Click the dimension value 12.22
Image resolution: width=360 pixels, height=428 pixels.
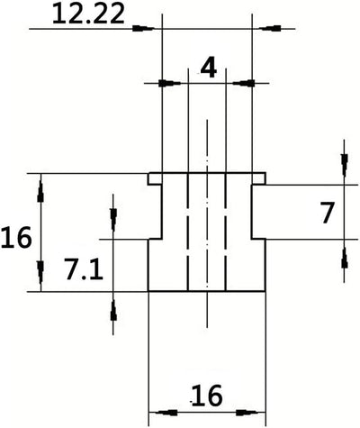point(88,14)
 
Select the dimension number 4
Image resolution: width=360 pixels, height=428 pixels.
point(209,68)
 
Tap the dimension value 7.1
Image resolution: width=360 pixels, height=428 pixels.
point(84,270)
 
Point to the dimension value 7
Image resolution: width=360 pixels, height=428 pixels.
point(327,213)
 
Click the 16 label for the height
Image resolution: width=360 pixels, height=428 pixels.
point(16,238)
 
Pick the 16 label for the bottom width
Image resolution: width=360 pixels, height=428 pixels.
point(207,396)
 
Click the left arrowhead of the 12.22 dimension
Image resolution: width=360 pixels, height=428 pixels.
point(143,29)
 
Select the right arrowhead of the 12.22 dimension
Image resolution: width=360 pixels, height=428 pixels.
point(270,29)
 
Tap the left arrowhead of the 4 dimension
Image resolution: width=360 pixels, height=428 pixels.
point(170,83)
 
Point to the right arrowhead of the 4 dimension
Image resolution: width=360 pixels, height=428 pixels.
point(244,83)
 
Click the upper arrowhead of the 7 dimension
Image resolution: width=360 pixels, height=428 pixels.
point(345,165)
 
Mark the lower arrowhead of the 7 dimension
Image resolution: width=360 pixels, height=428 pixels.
point(345,258)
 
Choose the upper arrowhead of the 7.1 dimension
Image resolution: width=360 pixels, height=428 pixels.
point(113,220)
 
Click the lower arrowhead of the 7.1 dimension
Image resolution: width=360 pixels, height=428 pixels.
point(113,311)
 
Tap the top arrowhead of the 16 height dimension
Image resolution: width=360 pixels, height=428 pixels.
point(40,192)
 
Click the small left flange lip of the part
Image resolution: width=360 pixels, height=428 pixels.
point(155,178)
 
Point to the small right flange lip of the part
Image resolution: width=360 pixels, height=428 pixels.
point(258,178)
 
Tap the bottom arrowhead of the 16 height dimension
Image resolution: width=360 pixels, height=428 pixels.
point(40,272)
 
